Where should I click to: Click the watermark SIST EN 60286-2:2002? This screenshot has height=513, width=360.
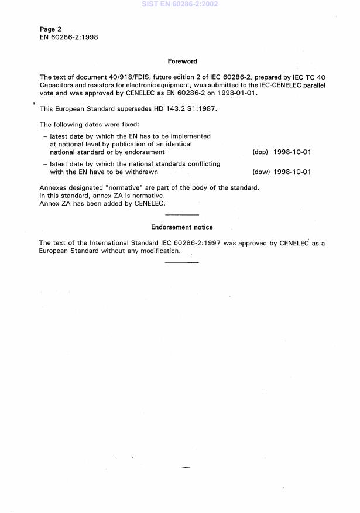tap(179, 5)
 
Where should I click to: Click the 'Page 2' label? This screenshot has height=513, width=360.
tap(50, 29)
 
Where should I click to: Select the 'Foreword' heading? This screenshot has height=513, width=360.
tap(182, 61)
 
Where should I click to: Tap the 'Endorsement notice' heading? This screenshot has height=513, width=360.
tap(182, 227)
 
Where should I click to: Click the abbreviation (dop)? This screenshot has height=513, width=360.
tap(260, 152)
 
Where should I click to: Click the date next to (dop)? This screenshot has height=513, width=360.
tap(292, 152)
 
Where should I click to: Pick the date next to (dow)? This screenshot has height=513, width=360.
tap(292, 172)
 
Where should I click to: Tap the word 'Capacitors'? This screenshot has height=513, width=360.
tap(56, 85)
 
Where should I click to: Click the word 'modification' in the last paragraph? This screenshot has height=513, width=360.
tap(159, 251)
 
